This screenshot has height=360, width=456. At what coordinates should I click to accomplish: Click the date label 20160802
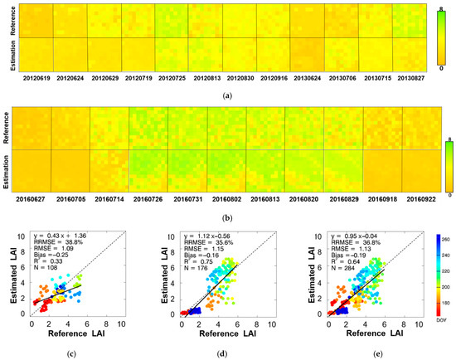click(227, 198)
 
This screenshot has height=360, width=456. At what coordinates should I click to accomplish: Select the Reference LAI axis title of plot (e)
click(369, 334)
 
